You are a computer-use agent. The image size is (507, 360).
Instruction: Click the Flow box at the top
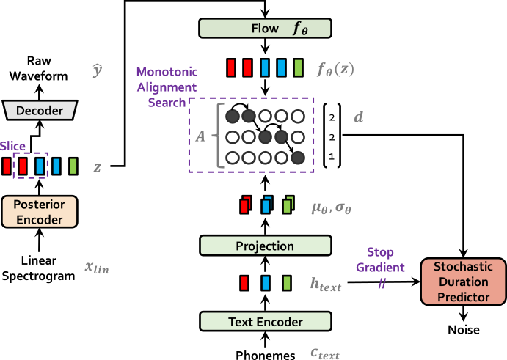coord(265,29)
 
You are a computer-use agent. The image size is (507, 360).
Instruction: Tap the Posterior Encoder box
coord(40,211)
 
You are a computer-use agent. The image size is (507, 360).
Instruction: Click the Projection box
coord(265,246)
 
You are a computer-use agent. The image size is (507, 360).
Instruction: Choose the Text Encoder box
coord(265,321)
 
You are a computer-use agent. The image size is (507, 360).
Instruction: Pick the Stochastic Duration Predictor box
coord(462,282)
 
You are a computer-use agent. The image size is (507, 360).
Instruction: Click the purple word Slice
coord(13,147)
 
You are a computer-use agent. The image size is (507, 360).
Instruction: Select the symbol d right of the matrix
coord(358,117)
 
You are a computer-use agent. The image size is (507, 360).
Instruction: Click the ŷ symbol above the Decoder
coord(97,70)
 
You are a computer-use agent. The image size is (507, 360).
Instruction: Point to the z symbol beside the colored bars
coord(97,167)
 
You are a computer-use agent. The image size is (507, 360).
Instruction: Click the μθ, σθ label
coord(332,207)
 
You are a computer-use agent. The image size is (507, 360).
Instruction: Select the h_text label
coord(326,284)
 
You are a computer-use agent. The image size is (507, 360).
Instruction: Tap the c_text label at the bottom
coord(324,353)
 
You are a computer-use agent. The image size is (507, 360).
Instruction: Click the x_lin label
coord(97,268)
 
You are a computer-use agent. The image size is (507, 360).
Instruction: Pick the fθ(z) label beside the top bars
coord(335,70)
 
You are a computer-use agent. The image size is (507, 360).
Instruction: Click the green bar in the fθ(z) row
coord(298,69)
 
